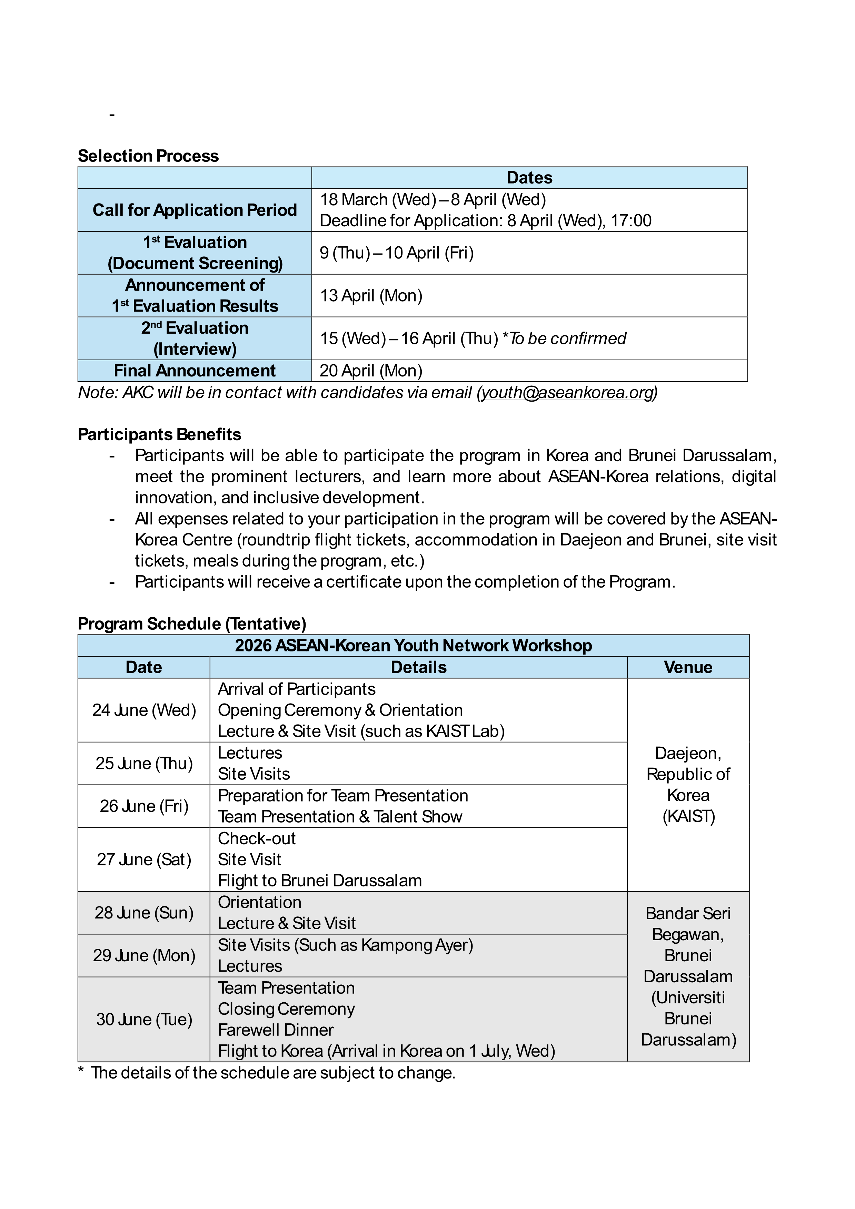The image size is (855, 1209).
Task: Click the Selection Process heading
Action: pyautogui.click(x=148, y=156)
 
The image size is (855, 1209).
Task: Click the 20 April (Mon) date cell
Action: pyautogui.click(x=371, y=371)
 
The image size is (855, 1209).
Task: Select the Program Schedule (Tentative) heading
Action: pyautogui.click(x=192, y=623)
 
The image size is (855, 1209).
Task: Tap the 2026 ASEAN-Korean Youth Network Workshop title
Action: pyautogui.click(x=413, y=646)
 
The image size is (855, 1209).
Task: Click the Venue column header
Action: pyautogui.click(x=688, y=667)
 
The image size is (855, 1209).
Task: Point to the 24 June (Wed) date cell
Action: pyautogui.click(x=144, y=710)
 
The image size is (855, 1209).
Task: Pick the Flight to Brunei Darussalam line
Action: pyautogui.click(x=320, y=881)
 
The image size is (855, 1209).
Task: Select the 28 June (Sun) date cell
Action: pyautogui.click(x=144, y=913)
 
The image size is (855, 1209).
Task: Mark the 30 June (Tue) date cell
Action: pyautogui.click(x=144, y=1020)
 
